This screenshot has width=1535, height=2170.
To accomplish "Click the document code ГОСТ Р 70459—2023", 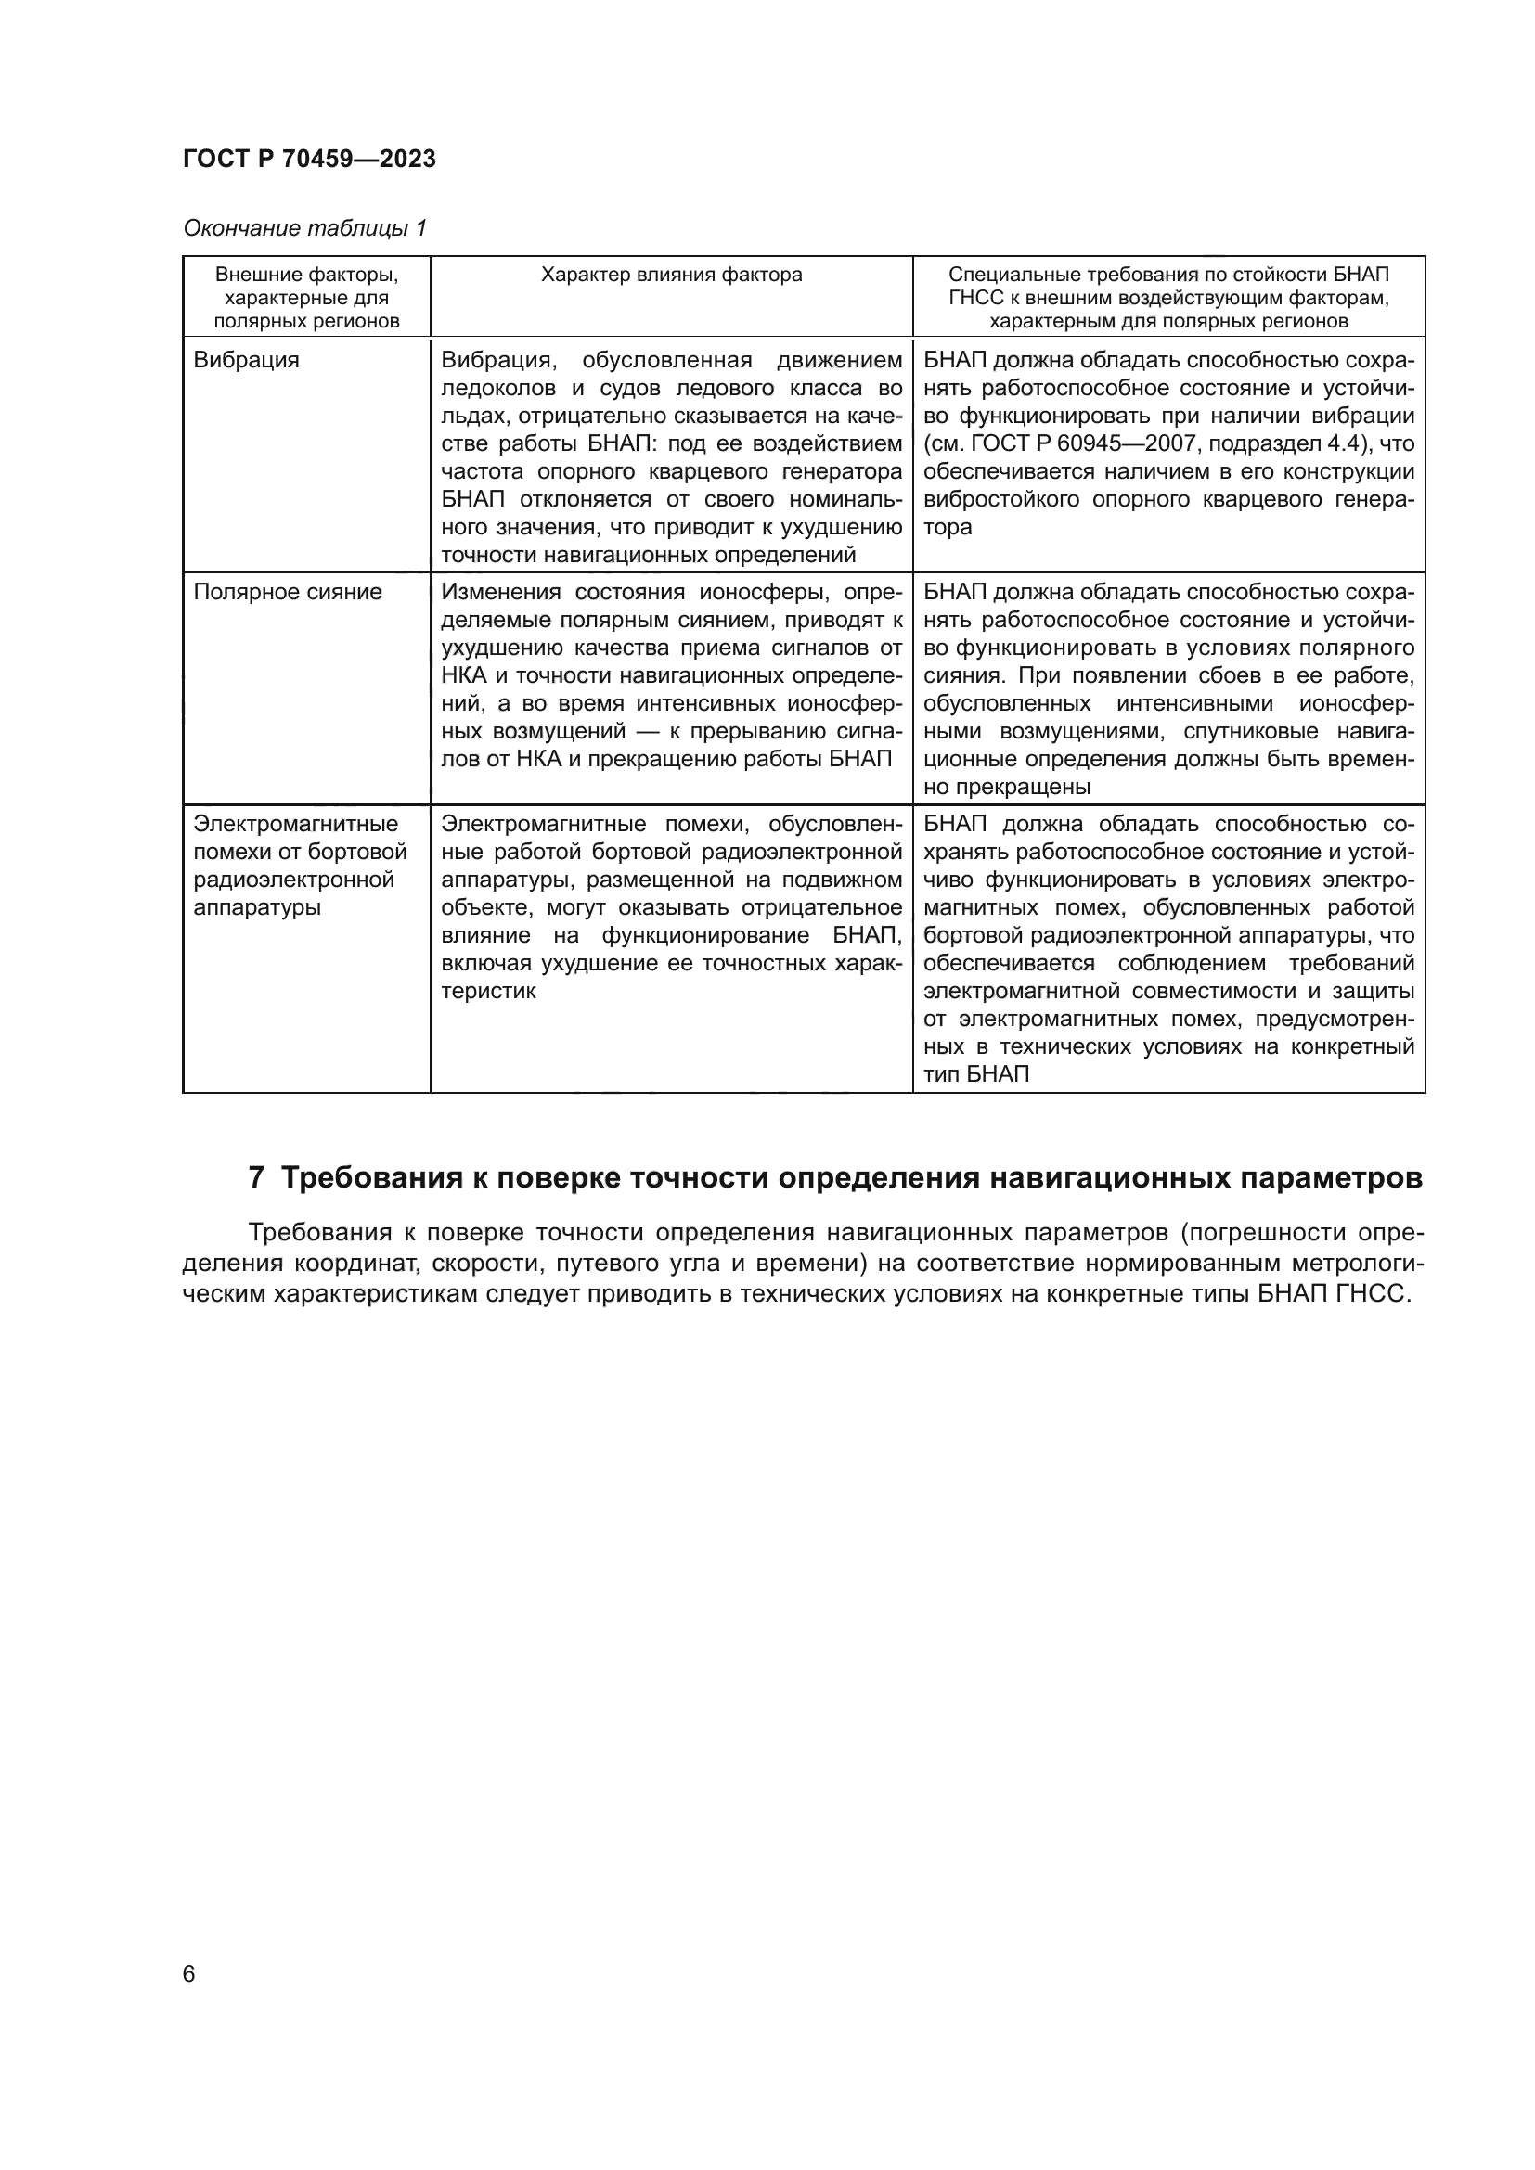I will point(309,159).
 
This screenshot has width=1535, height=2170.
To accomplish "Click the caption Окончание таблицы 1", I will point(304,228).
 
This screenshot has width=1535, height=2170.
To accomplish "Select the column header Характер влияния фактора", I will point(671,275).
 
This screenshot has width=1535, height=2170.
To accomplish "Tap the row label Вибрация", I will point(246,360).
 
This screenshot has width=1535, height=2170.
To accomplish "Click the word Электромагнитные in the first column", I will point(296,824).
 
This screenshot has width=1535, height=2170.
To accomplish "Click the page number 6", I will point(189,1974).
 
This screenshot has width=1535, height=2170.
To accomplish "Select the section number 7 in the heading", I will point(256,1178).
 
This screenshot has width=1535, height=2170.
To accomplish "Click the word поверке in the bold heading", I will point(555,1178).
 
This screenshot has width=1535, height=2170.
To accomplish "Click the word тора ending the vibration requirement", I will point(948,527).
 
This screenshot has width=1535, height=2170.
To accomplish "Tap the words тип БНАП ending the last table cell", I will point(975,1074).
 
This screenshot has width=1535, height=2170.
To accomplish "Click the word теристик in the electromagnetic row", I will point(488,992).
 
